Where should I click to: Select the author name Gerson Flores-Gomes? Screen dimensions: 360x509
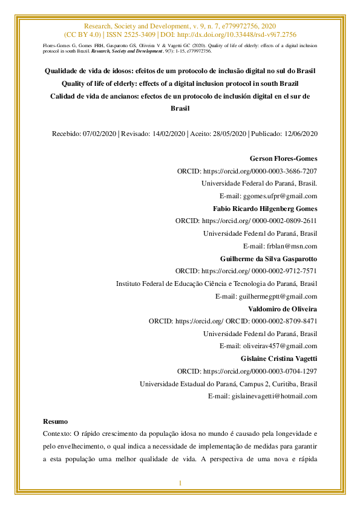pos(283,158)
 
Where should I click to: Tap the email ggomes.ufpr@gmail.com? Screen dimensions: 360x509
pos(280,196)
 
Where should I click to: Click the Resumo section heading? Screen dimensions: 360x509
pos(56,421)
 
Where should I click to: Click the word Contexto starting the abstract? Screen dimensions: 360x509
pos(57,433)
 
